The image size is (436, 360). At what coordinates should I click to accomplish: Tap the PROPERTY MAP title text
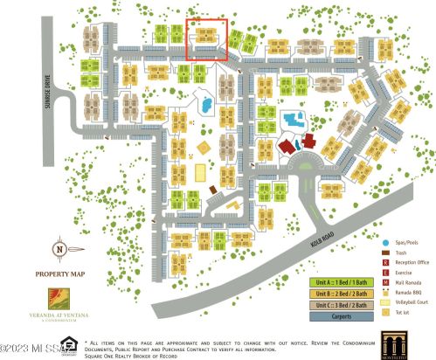pos(59,274)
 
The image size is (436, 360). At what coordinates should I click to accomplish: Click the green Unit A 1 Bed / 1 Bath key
pos(335,282)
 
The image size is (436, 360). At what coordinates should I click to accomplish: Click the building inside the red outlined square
pos(207,36)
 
